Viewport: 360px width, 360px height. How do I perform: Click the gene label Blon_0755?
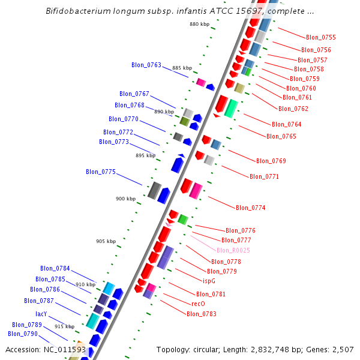[x=320, y=37]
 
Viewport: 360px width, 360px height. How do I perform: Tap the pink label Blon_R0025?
[x=233, y=250]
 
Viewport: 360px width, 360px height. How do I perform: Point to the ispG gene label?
[x=209, y=280]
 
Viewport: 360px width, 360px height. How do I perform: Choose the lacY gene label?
[x=41, y=314]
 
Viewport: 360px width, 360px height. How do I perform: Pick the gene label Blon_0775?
[x=101, y=172]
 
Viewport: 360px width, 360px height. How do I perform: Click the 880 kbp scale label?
[x=199, y=24]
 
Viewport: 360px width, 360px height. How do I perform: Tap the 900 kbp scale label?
[x=126, y=199]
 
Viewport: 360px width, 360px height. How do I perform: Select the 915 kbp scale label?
[x=64, y=326]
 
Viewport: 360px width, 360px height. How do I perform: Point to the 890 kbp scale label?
[x=164, y=112]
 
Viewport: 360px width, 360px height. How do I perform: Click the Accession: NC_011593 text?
[x=46, y=349]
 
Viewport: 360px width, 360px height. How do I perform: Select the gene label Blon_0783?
[x=201, y=314]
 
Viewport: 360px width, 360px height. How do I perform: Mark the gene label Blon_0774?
[x=250, y=208]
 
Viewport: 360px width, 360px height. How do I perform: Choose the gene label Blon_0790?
[x=23, y=334]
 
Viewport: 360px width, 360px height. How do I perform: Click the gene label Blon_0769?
[x=271, y=161]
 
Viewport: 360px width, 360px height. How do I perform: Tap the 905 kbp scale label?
[x=106, y=241]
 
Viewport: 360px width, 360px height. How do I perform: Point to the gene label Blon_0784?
[x=55, y=268]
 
